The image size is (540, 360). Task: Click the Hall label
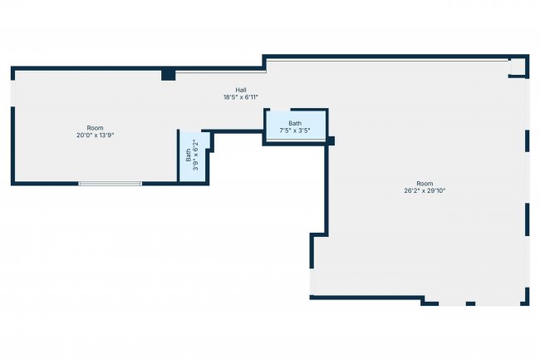(241, 91)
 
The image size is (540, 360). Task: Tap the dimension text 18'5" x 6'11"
(241, 97)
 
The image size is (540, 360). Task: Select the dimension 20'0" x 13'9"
(95, 135)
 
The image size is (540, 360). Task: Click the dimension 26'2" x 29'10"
(425, 190)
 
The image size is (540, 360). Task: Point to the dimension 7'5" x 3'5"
(295, 131)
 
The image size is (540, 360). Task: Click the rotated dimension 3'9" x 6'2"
(196, 155)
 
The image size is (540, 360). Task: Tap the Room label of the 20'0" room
(95, 128)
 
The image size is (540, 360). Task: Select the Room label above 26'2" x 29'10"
(425, 183)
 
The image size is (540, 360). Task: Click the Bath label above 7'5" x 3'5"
(295, 123)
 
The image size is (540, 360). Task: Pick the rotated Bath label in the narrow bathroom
(189, 155)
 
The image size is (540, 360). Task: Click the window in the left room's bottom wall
(110, 184)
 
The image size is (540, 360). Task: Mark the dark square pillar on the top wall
(169, 75)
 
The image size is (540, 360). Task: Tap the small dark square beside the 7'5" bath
(331, 141)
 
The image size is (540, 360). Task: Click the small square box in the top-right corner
(518, 67)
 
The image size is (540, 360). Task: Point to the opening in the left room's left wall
(12, 93)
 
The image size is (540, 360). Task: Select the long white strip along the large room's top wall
(388, 60)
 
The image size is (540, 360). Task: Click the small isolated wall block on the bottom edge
(470, 303)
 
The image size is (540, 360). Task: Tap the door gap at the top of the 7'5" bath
(280, 110)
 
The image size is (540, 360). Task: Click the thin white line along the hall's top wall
(221, 72)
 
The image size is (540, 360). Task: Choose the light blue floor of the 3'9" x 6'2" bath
(193, 156)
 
